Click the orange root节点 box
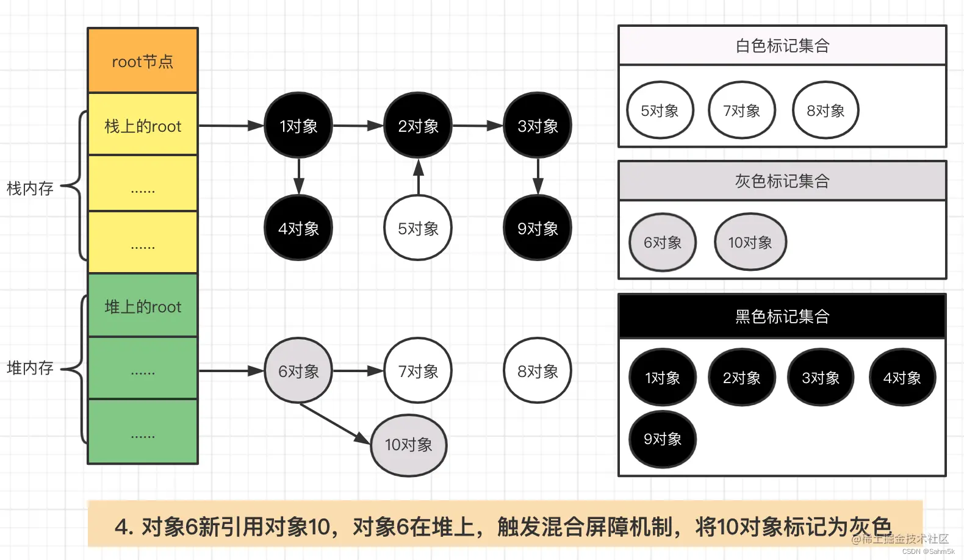[143, 61]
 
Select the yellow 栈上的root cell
[143, 126]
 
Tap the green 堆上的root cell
[143, 306]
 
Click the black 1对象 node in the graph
[298, 126]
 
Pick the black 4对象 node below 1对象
[298, 228]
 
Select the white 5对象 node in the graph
[418, 228]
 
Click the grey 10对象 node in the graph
[409, 445]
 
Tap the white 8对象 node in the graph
[538, 371]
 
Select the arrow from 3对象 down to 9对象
[538, 177]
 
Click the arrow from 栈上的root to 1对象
[231, 126]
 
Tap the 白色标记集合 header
[782, 46]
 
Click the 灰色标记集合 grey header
[782, 181]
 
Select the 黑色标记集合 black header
[782, 317]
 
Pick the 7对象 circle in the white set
[741, 110]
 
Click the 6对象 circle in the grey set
[663, 242]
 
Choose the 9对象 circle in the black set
[663, 439]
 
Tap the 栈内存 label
[30, 188]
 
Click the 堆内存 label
[30, 368]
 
